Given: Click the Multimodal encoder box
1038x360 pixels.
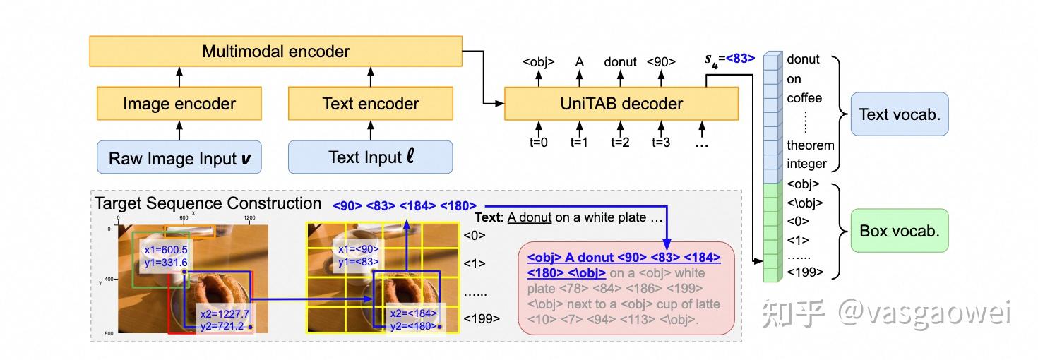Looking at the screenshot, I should coord(275,52).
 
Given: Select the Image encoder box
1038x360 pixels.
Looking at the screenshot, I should coord(179,104).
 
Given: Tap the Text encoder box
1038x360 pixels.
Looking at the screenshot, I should coord(370,104).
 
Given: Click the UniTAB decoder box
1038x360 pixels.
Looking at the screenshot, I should coord(621,104).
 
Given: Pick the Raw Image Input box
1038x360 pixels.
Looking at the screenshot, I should coord(179,157).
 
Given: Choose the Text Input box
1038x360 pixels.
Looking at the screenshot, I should coord(370,157).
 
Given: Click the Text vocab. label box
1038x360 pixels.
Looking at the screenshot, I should coord(899,114).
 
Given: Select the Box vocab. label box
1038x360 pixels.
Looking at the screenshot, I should coord(899,231).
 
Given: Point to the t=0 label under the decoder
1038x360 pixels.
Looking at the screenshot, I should coord(539,142).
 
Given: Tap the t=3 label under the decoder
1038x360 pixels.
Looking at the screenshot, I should coord(661,142).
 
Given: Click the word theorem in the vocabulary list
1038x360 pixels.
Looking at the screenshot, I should coord(811,145).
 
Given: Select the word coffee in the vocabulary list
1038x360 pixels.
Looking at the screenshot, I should coord(804,98).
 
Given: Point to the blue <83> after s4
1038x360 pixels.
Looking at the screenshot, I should coord(740,59).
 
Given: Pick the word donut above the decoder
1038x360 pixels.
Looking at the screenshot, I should coord(620,62).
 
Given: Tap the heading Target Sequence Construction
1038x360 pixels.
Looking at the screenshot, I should coord(208,203).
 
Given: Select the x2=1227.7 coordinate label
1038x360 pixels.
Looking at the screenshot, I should coord(223,313).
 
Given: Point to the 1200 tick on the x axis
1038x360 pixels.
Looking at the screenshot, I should coord(249,219).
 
